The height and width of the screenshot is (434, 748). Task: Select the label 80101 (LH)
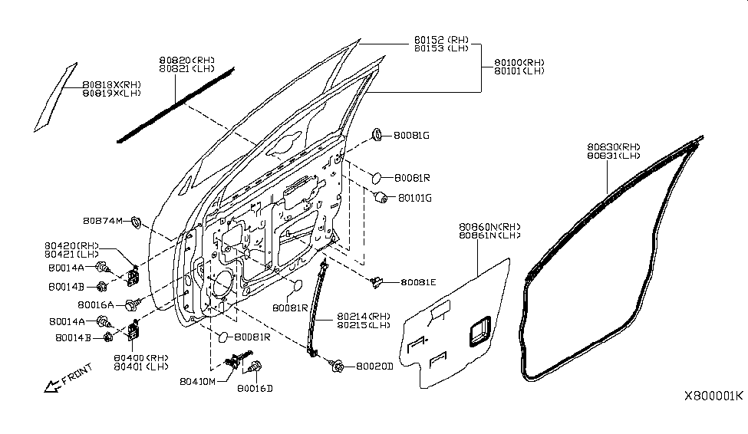click(x=519, y=71)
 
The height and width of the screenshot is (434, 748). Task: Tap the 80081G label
click(x=411, y=136)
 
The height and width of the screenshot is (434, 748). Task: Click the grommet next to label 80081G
click(x=378, y=135)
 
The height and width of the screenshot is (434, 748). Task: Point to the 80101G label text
click(x=415, y=198)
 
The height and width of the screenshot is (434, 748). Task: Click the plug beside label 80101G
click(x=378, y=198)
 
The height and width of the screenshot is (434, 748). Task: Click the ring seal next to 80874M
click(x=136, y=223)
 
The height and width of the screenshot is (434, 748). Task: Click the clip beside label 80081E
click(x=376, y=283)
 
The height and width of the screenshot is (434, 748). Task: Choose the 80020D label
click(x=374, y=367)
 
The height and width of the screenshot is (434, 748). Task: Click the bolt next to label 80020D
click(x=338, y=367)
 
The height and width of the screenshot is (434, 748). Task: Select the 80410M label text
click(x=198, y=381)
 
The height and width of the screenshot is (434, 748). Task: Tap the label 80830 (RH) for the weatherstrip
click(x=614, y=146)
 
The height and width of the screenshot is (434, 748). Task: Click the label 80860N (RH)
click(x=489, y=227)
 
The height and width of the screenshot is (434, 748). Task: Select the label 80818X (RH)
click(x=112, y=85)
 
